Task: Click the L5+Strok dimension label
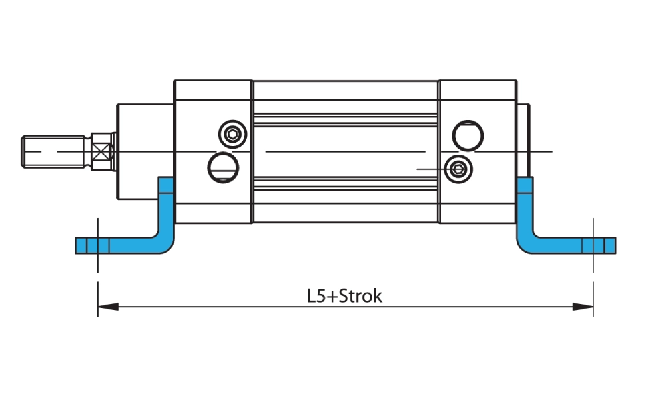(345, 295)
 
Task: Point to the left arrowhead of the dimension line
(107, 307)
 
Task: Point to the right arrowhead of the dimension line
(584, 307)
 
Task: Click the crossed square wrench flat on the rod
(101, 151)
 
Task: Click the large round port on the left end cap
(222, 166)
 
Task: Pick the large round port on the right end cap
(466, 135)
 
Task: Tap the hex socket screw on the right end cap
(458, 169)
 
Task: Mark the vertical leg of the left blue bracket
(166, 207)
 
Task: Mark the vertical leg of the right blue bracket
(525, 207)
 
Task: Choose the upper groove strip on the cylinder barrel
(346, 120)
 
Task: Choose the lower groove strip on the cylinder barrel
(346, 183)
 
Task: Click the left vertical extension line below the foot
(98, 263)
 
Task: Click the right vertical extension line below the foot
(593, 263)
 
